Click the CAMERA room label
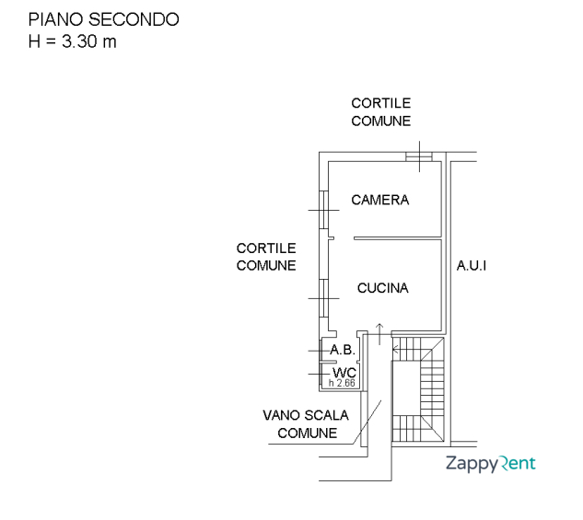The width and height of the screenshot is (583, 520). [x=379, y=200]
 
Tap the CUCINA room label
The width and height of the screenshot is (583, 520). [x=382, y=288]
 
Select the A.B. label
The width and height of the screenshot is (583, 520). [x=343, y=350]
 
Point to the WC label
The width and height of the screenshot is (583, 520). [x=344, y=372]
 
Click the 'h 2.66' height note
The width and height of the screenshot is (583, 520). [x=342, y=383]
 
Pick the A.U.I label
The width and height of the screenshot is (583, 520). [x=472, y=266]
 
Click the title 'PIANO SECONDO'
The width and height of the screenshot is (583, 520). [x=103, y=19]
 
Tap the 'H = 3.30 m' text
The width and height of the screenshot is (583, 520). [x=73, y=41]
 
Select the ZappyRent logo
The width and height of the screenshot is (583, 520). [x=490, y=463]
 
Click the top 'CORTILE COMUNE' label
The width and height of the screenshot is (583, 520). [x=380, y=112]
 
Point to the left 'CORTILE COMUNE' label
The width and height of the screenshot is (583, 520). [x=266, y=257]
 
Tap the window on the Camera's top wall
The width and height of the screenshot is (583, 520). [x=419, y=157]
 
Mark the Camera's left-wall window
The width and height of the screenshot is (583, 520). [x=323, y=211]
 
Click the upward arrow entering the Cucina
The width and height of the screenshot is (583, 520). [x=379, y=330]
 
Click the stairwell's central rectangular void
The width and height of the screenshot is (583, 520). [x=406, y=401]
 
